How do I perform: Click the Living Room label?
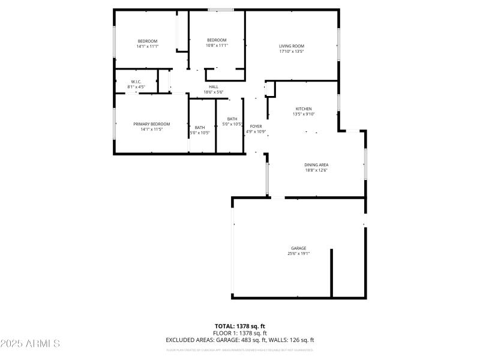[292, 46]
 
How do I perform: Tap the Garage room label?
[299, 248]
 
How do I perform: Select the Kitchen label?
[304, 109]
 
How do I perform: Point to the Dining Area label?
[316, 165]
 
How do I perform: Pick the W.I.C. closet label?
[136, 82]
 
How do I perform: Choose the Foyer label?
[256, 126]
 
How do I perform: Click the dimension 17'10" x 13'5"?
[292, 52]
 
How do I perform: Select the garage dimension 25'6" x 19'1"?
[299, 254]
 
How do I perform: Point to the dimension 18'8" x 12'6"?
[316, 170]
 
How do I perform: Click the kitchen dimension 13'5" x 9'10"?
[304, 114]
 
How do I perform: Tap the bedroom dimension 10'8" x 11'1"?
[217, 46]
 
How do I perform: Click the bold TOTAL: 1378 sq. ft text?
[239, 326]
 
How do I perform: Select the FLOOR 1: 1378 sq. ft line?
[239, 333]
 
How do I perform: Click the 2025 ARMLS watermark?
[30, 344]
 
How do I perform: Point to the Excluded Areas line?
[239, 340]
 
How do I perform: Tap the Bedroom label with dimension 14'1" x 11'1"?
[147, 41]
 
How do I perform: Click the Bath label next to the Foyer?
[232, 119]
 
